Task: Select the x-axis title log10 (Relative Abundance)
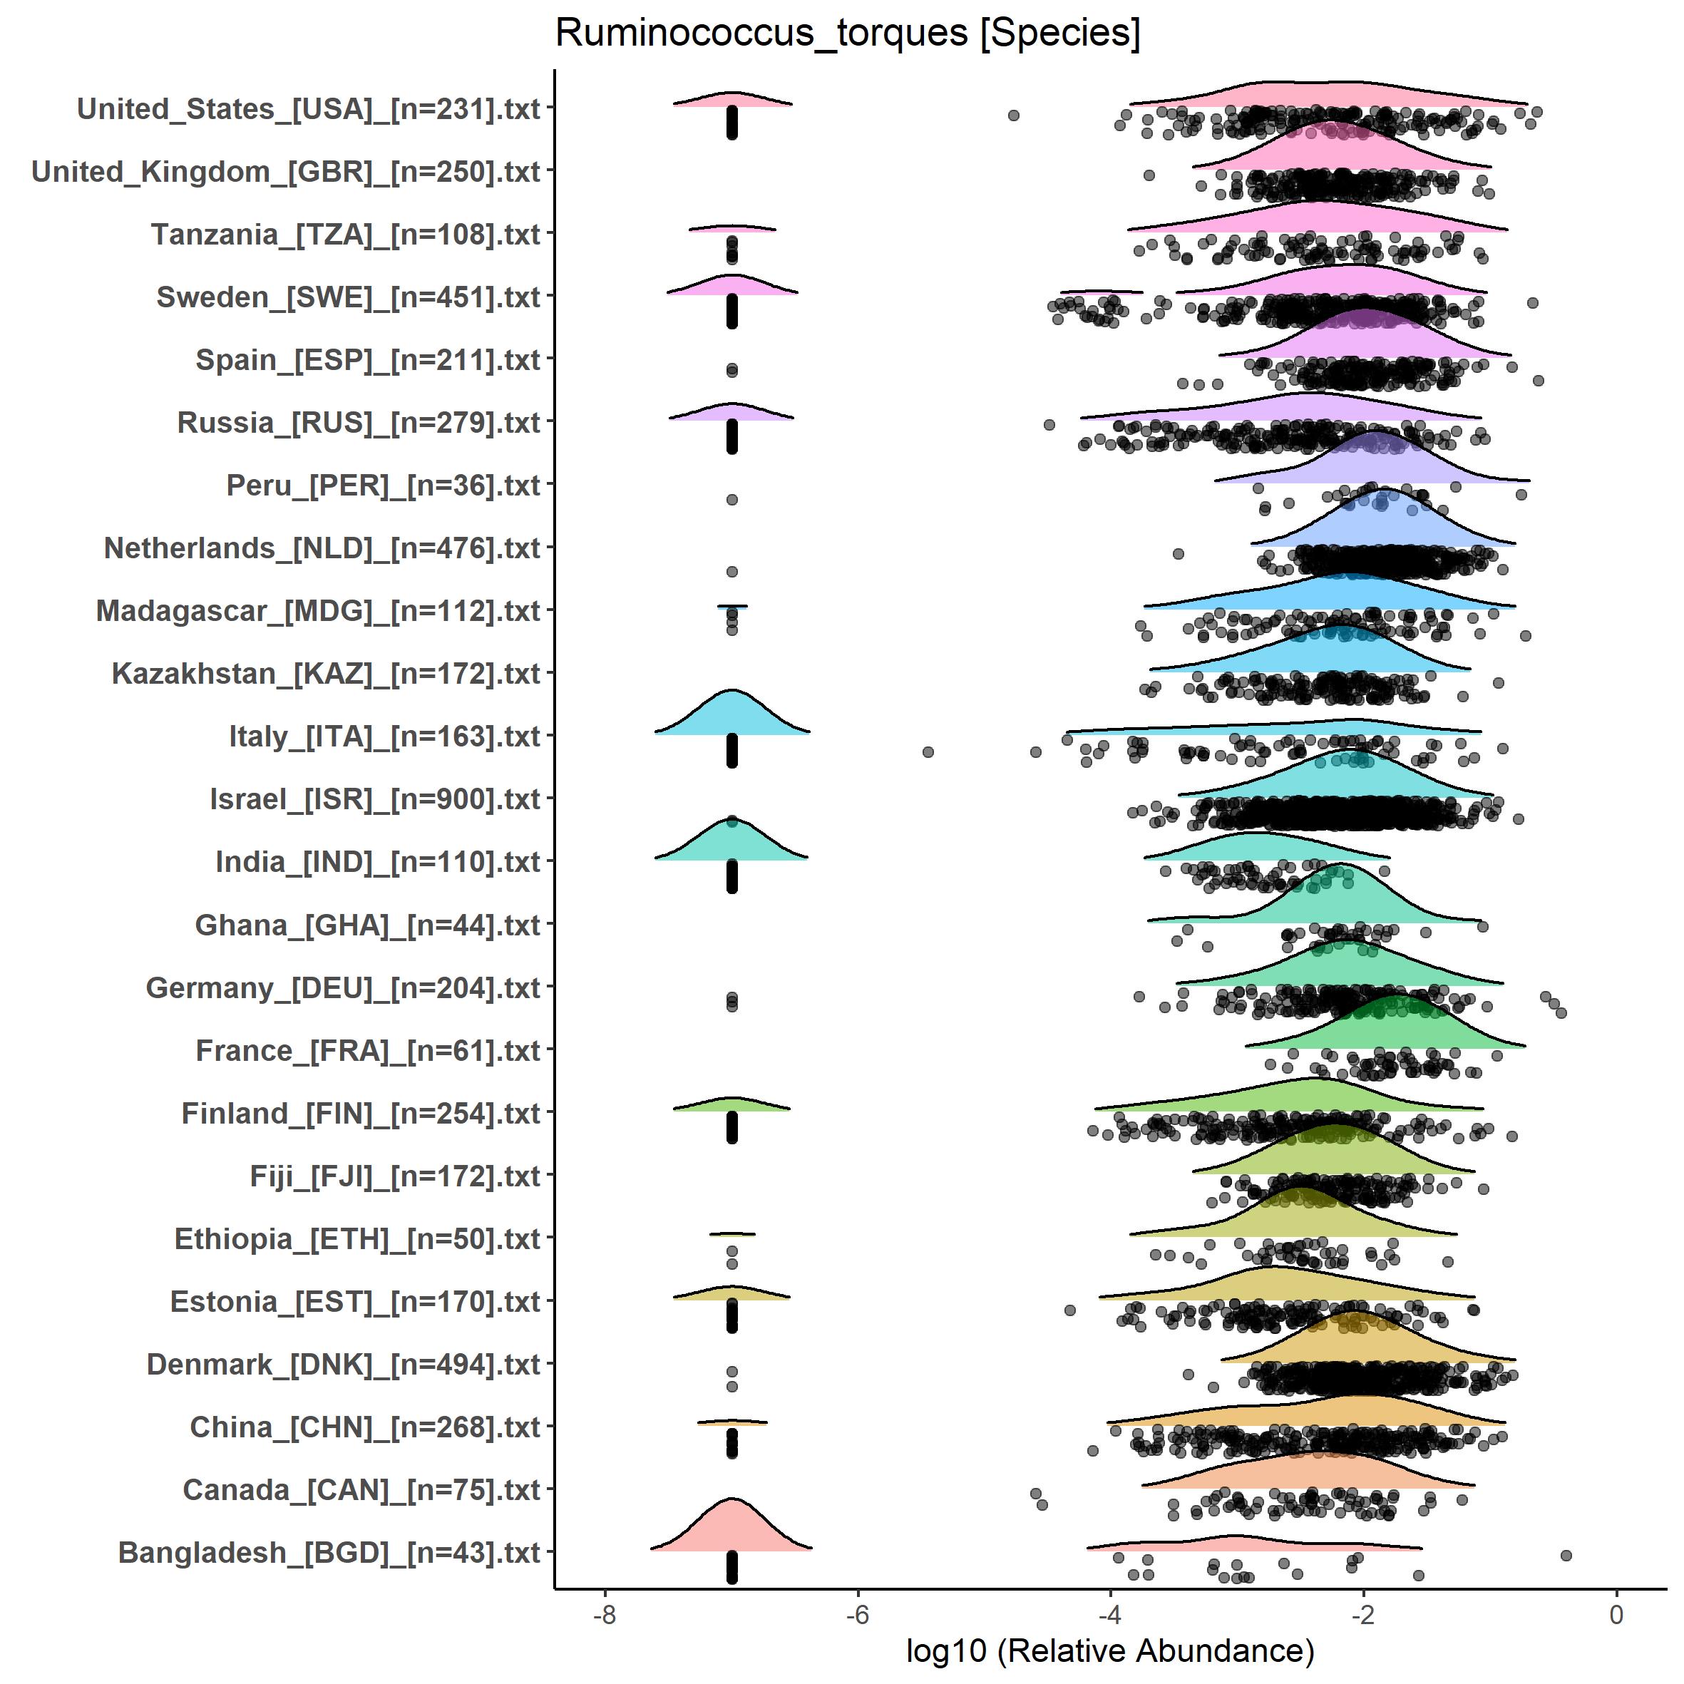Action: point(1109,1650)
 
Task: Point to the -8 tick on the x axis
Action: point(604,1614)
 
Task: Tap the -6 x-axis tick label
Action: point(858,1614)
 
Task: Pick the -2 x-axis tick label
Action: point(1363,1614)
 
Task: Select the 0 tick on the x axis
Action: point(1616,1614)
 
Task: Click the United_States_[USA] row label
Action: point(309,109)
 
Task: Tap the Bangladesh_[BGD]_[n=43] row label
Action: point(329,1552)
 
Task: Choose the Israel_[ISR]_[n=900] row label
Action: point(375,799)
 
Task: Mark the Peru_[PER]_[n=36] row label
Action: point(384,486)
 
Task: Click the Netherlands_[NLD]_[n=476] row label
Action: point(322,548)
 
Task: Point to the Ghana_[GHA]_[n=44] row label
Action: point(368,925)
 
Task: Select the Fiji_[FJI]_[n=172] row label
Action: point(395,1176)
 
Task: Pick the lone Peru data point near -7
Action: point(732,500)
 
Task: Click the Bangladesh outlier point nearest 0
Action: point(1566,1555)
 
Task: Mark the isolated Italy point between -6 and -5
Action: point(928,751)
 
